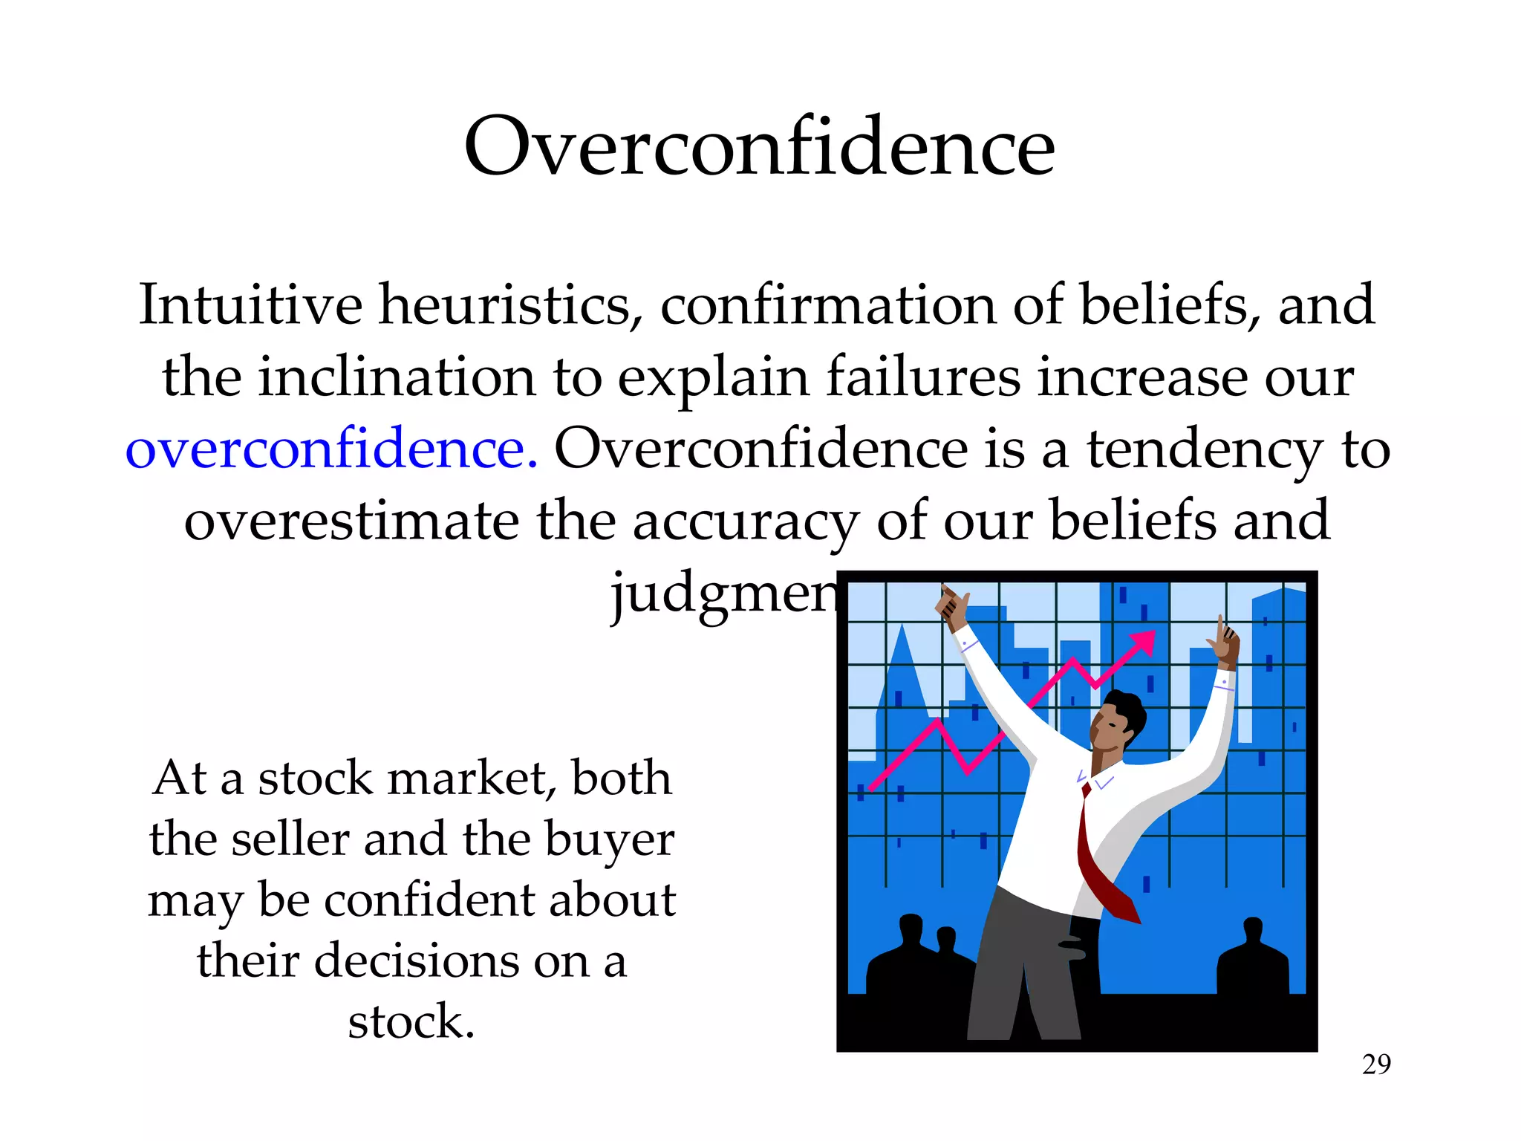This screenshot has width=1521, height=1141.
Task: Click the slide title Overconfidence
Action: [x=759, y=146]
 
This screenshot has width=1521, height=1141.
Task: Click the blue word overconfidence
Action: [x=331, y=449]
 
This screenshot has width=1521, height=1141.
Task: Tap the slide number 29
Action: [x=1376, y=1064]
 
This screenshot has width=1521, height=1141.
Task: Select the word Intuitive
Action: [x=250, y=305]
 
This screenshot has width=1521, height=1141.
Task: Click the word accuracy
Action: [x=746, y=521]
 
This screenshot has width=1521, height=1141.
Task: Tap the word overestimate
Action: [x=351, y=521]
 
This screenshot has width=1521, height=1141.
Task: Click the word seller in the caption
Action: [x=290, y=839]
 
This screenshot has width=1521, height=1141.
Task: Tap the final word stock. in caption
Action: [x=411, y=1022]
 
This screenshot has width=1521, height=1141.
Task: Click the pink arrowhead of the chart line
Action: [x=1143, y=642]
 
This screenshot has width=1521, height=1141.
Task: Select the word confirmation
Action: [x=827, y=305]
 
